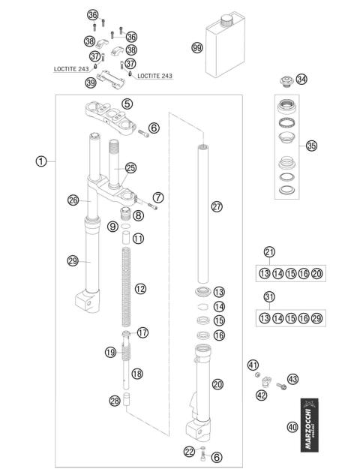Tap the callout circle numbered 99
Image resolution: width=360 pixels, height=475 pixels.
197,47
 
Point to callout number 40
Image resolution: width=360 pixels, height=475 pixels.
292,428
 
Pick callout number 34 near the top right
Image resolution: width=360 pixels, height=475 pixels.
301,79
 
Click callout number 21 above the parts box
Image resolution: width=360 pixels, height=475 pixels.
269,252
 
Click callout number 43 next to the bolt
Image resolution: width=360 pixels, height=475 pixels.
292,378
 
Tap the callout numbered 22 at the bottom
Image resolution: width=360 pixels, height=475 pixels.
190,451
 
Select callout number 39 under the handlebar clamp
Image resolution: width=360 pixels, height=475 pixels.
91,82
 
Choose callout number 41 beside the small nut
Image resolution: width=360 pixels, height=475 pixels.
253,365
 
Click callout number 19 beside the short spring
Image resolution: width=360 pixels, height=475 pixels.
111,352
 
